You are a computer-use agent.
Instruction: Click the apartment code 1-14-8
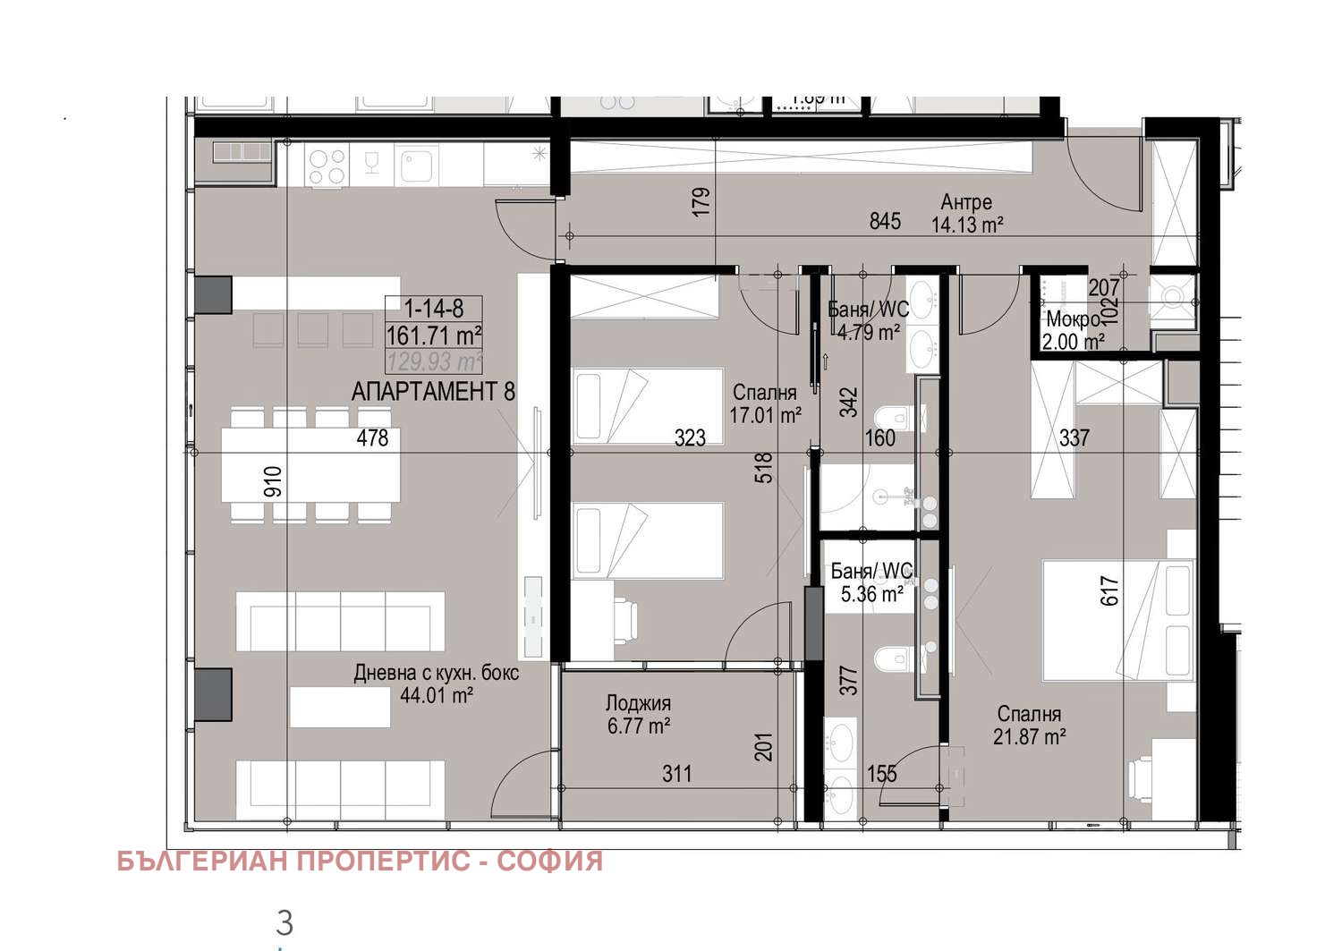(x=434, y=309)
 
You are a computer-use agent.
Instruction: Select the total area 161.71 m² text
(x=434, y=335)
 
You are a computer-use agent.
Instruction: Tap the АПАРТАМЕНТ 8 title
(x=433, y=391)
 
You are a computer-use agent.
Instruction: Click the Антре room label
(x=966, y=202)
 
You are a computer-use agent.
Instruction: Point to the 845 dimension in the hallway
(x=885, y=221)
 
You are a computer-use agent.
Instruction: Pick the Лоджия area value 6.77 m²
(x=639, y=726)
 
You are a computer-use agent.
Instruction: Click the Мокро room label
(x=1072, y=319)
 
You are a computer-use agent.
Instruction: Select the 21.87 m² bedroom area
(x=1029, y=736)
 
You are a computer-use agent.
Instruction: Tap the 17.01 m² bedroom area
(x=765, y=415)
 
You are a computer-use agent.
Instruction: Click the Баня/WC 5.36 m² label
(x=871, y=582)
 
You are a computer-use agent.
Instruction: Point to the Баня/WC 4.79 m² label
(x=868, y=320)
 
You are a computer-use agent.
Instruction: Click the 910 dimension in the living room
(x=273, y=481)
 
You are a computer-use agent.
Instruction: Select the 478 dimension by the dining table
(x=372, y=437)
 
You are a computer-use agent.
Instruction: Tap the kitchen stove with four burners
(x=327, y=167)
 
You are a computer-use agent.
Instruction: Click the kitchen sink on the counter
(x=418, y=166)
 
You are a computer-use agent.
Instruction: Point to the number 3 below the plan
(x=285, y=922)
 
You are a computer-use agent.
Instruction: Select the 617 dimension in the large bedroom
(x=1109, y=590)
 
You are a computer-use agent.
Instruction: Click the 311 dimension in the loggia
(x=677, y=773)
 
